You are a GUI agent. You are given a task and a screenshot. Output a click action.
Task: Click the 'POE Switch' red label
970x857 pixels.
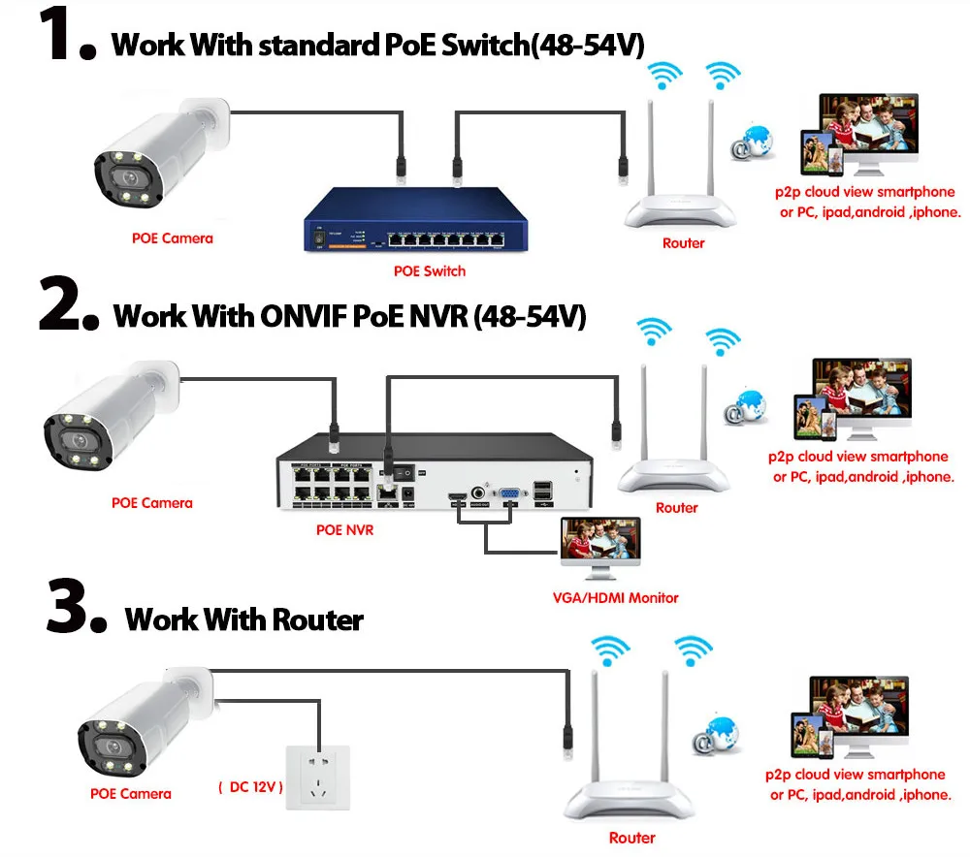430,271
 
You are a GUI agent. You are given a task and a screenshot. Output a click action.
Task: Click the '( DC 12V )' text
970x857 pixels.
250,787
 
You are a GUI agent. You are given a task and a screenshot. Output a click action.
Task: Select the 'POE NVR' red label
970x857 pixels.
344,530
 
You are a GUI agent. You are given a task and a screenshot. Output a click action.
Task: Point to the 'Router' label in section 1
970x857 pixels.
683,243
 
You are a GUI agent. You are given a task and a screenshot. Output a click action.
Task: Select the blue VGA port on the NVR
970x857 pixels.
506,498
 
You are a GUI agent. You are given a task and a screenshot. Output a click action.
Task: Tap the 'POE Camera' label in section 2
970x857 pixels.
152,503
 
